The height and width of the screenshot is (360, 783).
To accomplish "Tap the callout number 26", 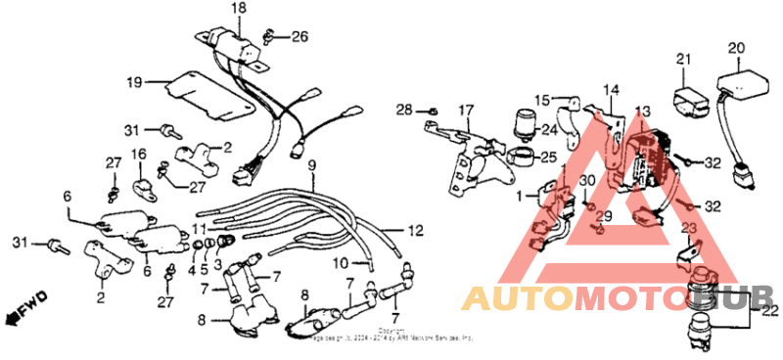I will click(x=299, y=37).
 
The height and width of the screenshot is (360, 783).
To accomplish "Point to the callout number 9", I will click(x=311, y=165).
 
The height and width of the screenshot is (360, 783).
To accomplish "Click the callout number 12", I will click(x=415, y=231).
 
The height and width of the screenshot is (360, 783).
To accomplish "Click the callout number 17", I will click(x=466, y=110).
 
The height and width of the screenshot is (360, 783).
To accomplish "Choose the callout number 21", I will click(x=682, y=60).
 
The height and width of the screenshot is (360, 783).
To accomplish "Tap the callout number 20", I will click(x=736, y=47).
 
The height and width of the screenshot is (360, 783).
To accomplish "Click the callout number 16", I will click(x=138, y=155).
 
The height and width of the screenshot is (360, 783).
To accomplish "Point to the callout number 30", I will click(x=585, y=181).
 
